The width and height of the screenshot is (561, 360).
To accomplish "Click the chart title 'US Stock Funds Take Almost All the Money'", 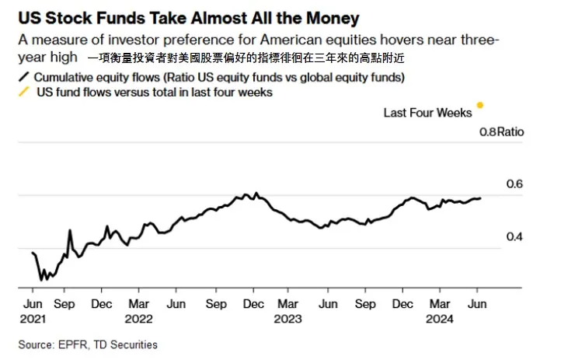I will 184,17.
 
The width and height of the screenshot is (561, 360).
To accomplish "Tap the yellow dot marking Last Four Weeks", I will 480,105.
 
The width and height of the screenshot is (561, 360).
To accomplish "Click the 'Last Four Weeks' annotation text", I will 427,113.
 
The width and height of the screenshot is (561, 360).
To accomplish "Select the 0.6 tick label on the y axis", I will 494,183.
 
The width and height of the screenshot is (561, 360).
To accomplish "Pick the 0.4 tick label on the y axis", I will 494,236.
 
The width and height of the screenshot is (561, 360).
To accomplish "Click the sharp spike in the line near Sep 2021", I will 70,230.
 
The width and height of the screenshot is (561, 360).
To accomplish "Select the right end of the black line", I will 479,197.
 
